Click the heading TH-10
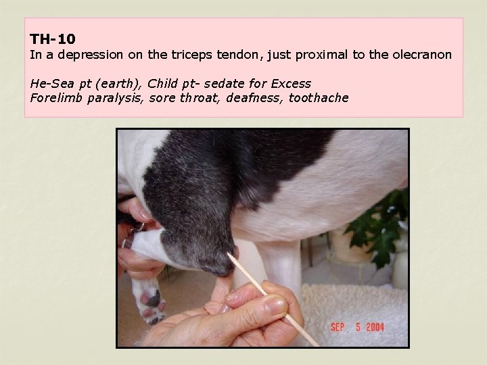click(x=53, y=40)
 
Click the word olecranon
click(x=419, y=55)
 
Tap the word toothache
click(x=319, y=98)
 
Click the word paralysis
click(x=108, y=98)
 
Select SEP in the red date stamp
click(x=338, y=328)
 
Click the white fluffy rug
click(x=352, y=304)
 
